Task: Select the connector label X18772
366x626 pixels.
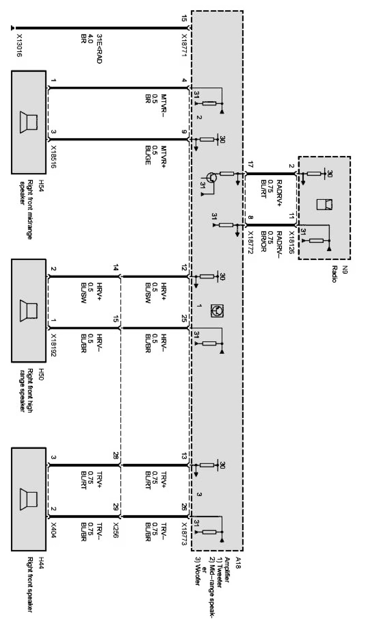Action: pos(251,243)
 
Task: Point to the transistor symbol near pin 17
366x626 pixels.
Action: pos(212,178)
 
